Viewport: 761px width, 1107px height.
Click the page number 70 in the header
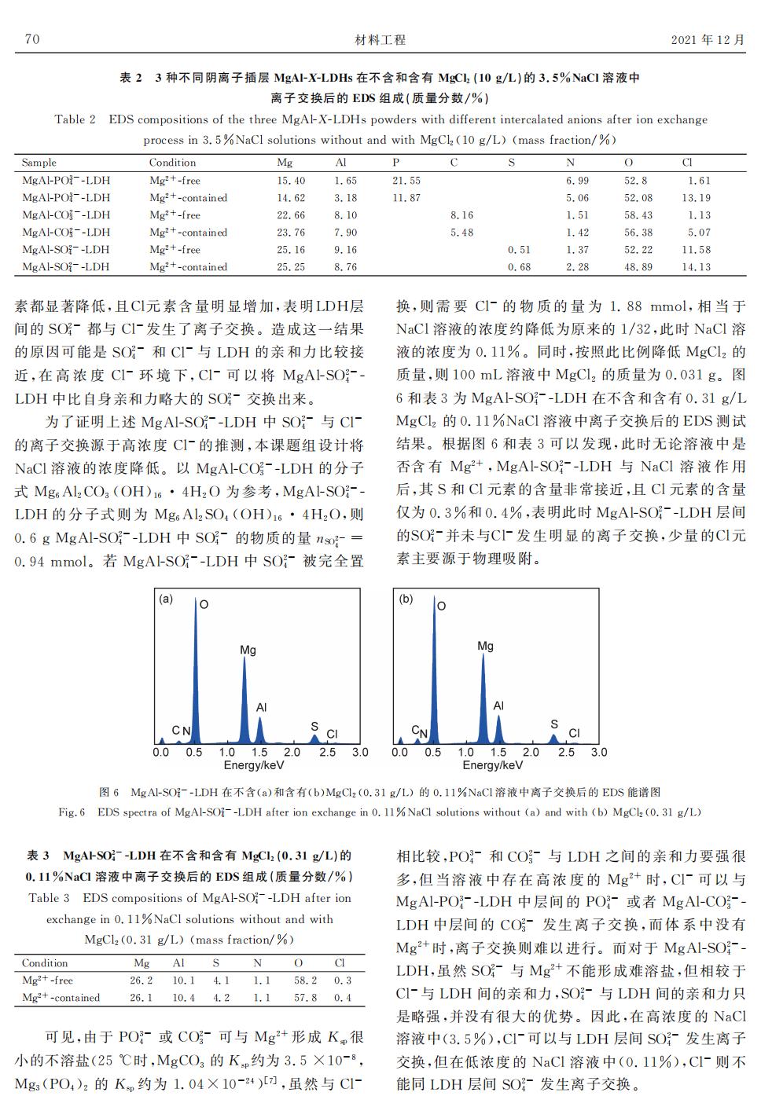coord(32,39)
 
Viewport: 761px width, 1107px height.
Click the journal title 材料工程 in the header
coord(380,39)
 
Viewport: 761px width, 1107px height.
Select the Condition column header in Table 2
coord(172,163)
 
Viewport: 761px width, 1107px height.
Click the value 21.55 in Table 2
coord(406,181)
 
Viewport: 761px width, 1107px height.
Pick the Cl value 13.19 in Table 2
coord(696,198)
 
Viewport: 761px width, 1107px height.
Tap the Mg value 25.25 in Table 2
coord(291,267)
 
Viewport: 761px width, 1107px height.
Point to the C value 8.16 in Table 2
coord(461,215)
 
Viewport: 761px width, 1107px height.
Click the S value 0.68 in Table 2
coord(519,267)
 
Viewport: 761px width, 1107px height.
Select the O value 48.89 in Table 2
coord(638,267)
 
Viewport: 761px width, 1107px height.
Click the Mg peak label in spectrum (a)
coord(248,651)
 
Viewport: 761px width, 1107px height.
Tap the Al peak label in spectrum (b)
coord(498,706)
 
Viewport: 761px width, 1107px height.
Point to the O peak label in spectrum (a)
coord(204,605)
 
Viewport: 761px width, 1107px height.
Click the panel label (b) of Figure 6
coord(406,599)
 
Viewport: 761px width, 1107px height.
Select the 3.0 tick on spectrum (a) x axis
coord(360,752)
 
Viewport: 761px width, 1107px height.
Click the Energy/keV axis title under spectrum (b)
coord(492,765)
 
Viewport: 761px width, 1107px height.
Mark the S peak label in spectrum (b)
coord(554,724)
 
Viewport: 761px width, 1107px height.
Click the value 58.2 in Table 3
coord(300,981)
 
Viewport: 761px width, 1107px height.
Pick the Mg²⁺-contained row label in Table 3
coord(61,998)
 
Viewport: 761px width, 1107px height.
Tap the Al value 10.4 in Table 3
coord(183,998)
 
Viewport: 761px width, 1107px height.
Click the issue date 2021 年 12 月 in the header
coord(708,39)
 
